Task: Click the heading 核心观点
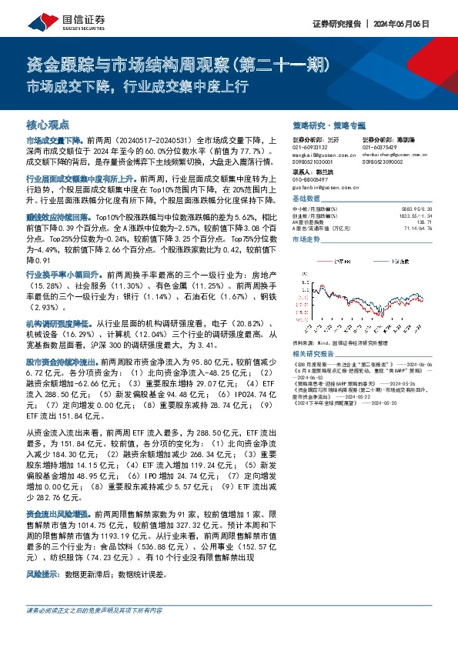click(x=48, y=123)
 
